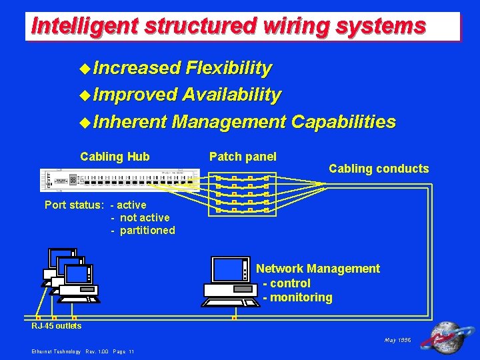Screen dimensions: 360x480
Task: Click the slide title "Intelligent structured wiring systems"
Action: [228, 26]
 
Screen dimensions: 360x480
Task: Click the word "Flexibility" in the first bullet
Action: [229, 68]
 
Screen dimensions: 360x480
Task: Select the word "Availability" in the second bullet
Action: [231, 95]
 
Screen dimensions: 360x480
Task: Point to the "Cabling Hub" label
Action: [115, 157]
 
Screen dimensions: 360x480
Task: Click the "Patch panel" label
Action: [243, 157]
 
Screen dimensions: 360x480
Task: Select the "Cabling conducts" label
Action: [379, 169]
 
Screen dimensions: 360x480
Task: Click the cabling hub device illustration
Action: [119, 180]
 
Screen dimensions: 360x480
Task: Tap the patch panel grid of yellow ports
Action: [242, 194]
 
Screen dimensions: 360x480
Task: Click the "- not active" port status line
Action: [140, 217]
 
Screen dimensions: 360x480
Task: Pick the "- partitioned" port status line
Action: [143, 231]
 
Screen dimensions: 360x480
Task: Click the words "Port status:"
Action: [74, 205]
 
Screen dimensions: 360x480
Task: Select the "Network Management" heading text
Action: [318, 269]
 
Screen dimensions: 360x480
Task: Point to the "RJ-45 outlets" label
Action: [57, 326]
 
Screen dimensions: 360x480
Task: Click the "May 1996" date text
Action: [398, 340]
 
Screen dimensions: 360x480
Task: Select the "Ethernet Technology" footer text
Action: [56, 351]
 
